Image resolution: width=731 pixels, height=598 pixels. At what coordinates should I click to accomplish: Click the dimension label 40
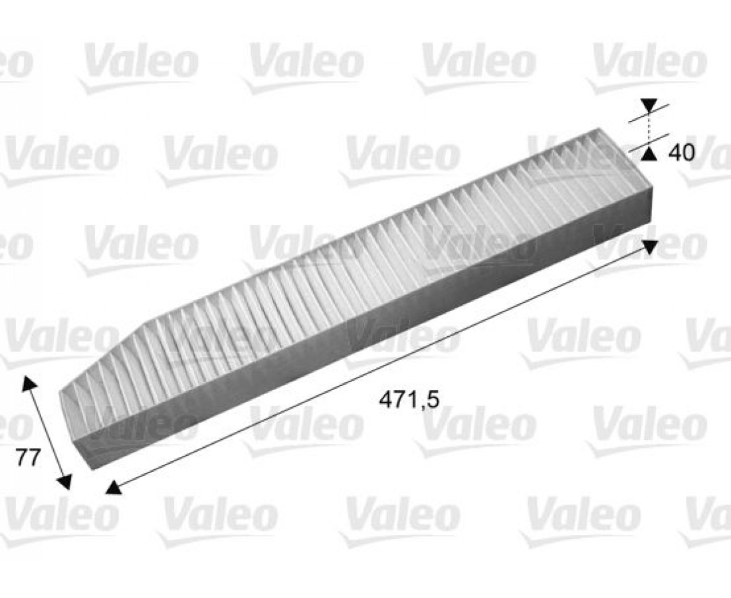[x=681, y=152]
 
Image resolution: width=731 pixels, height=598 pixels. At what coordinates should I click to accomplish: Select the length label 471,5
[x=409, y=399]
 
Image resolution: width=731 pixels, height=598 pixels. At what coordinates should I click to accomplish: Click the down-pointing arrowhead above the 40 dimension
[x=649, y=105]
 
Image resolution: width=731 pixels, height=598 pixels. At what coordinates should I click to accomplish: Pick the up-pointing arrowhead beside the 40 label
[x=648, y=153]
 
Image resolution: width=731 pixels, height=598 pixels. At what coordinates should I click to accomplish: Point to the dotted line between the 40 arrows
[x=649, y=129]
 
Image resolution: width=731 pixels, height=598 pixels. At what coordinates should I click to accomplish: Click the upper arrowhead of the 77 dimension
[x=29, y=384]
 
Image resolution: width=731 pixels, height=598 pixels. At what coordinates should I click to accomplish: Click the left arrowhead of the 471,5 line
[x=113, y=487]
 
